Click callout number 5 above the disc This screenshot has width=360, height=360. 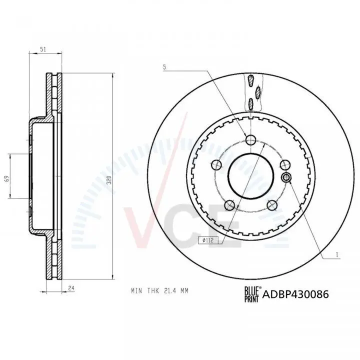164,66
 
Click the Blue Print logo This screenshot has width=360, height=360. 251,293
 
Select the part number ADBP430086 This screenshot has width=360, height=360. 295,294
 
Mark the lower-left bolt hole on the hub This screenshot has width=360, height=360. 229,204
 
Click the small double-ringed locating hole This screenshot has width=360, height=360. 287,177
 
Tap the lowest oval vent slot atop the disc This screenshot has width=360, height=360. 250,103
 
